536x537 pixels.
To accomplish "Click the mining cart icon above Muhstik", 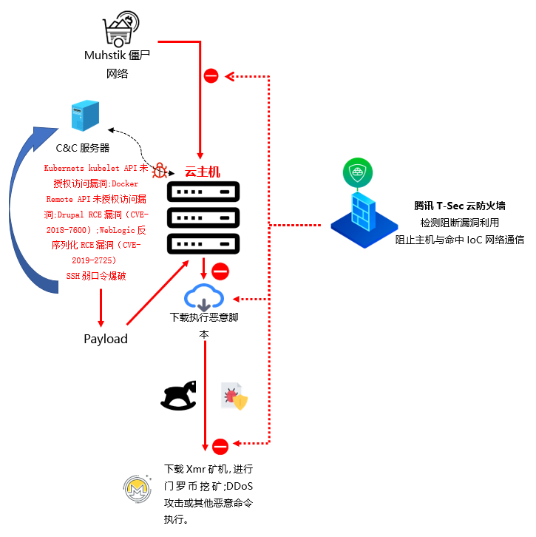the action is click(x=121, y=29).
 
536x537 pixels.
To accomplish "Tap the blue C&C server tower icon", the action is click(x=85, y=115).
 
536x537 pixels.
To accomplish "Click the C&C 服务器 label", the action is click(x=83, y=148).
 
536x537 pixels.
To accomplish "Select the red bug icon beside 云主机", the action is click(x=160, y=170).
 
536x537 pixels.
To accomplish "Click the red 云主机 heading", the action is click(x=203, y=172).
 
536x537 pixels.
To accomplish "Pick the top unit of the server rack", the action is click(x=203, y=192).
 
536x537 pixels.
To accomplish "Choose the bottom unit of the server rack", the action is click(x=203, y=244).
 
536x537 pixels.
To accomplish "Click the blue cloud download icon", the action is click(x=204, y=297).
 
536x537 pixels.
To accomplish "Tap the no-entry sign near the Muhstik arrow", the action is click(x=211, y=75).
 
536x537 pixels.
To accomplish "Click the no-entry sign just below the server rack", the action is click(x=220, y=271).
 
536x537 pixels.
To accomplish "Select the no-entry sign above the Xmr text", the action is click(x=220, y=447).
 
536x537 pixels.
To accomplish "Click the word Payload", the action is click(x=106, y=339).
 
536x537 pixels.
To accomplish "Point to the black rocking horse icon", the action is click(x=179, y=395).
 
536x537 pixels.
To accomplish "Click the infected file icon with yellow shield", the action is click(x=234, y=396).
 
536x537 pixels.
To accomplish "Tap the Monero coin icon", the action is click(x=138, y=489).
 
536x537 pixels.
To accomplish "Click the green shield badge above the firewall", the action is click(x=358, y=172).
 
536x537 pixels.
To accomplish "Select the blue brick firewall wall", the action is click(x=364, y=212).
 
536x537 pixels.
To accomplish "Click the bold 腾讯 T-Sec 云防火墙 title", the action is click(x=460, y=206).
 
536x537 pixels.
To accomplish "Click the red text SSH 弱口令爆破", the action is click(x=96, y=276).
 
